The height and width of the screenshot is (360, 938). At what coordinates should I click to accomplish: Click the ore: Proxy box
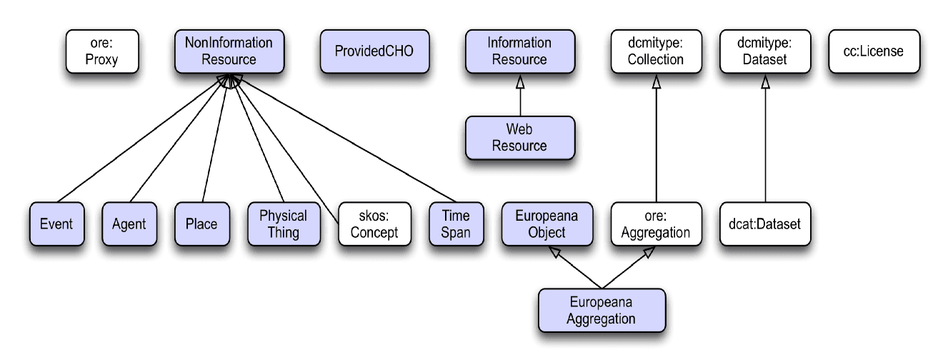click(101, 51)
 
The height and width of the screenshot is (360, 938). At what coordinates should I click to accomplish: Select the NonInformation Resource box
click(229, 51)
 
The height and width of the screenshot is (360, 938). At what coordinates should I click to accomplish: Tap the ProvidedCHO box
click(374, 51)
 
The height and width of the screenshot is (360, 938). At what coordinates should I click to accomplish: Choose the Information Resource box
click(519, 51)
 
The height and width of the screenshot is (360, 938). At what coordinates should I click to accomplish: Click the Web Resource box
click(519, 138)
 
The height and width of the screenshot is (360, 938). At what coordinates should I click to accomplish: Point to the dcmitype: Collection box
click(656, 51)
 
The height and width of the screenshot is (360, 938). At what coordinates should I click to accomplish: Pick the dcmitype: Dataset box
click(765, 51)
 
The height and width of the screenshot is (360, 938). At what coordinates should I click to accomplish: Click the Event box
click(56, 224)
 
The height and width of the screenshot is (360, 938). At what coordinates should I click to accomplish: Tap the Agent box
click(129, 224)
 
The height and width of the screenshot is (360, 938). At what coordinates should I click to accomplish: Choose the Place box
click(201, 224)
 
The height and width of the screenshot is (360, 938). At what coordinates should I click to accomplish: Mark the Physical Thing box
click(283, 224)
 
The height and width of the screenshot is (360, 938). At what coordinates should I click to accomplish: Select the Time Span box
click(456, 224)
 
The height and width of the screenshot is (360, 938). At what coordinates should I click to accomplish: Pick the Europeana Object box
click(547, 224)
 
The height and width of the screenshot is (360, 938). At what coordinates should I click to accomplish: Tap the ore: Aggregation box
click(656, 224)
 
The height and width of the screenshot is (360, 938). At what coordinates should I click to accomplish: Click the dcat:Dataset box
click(765, 224)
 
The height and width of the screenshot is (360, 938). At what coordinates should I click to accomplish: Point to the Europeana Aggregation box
click(602, 311)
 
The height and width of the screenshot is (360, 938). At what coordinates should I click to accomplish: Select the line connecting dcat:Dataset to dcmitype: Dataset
click(765, 143)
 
